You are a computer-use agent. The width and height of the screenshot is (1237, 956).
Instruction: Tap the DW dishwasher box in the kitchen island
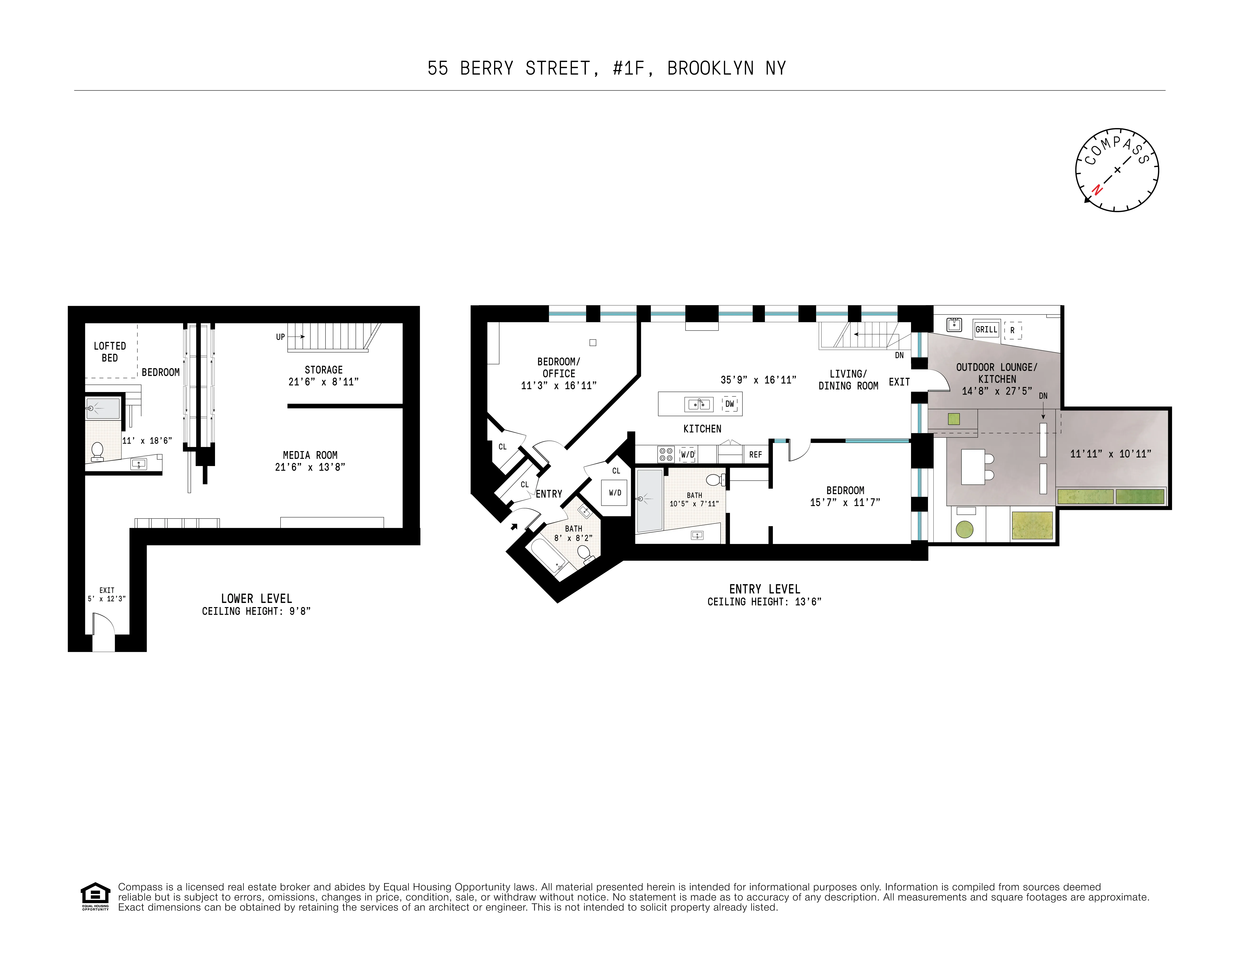tap(730, 404)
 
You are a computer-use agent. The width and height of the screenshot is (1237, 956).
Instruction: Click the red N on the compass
tap(1097, 190)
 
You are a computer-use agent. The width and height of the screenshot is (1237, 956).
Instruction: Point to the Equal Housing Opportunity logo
tap(95, 896)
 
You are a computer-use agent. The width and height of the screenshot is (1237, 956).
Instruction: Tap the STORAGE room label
tap(323, 370)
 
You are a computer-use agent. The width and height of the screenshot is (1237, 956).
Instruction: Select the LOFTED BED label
tap(110, 352)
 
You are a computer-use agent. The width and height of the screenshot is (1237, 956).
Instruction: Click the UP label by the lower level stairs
tap(280, 337)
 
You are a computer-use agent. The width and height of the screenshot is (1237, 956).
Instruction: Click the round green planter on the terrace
tap(964, 529)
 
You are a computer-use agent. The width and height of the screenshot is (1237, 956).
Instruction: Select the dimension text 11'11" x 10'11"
tap(1110, 454)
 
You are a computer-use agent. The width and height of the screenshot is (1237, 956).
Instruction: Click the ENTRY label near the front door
tap(549, 494)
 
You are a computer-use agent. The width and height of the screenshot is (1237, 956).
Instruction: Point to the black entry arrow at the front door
tap(514, 527)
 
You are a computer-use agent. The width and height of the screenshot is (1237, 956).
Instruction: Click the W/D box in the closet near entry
tap(615, 493)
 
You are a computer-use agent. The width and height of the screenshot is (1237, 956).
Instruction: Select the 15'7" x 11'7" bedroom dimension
tap(845, 502)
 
